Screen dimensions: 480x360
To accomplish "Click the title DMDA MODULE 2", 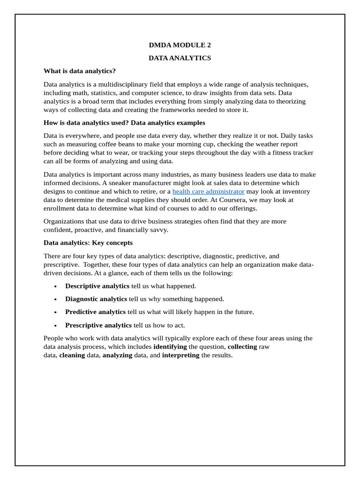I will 180,45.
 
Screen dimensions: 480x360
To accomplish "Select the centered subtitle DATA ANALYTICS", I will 180,58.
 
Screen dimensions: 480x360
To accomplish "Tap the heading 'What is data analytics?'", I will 79,71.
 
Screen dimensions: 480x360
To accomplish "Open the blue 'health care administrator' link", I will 208,191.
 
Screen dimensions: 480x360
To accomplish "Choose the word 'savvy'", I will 159,230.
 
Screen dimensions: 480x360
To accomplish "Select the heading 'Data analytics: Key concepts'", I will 88,243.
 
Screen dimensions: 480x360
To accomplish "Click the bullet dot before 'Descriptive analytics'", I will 55,286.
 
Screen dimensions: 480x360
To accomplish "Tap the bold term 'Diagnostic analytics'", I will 96,299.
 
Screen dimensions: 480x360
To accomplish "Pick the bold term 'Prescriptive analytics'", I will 98,325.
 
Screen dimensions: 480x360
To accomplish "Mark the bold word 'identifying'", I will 170,347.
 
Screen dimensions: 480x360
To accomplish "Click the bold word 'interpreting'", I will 180,355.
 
